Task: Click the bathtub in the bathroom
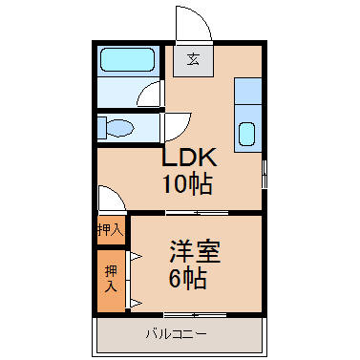point(128,60)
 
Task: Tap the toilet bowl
point(119,128)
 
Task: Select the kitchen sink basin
point(246,134)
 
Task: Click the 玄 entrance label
point(193,59)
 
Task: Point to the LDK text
point(189,157)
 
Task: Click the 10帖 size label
point(187,184)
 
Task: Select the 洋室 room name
point(195,251)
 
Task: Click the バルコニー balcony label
point(177,334)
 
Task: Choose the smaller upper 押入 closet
point(111,230)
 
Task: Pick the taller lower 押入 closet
point(111,281)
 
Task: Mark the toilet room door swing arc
point(183,131)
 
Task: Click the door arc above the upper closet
point(117,193)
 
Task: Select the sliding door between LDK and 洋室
point(197,213)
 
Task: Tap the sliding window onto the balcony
point(195,315)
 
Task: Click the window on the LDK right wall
point(265,174)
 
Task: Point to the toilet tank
point(101,128)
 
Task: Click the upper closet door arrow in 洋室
point(136,256)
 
